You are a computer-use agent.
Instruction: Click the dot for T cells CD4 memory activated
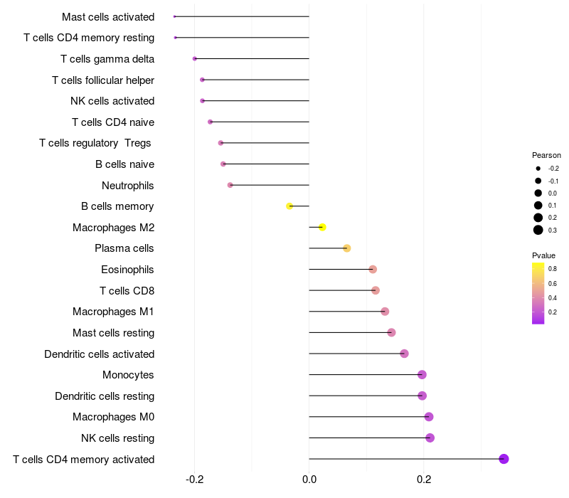504,459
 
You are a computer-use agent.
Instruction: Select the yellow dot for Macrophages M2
322,228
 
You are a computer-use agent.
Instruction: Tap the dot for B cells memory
289,206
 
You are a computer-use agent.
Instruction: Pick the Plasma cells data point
347,248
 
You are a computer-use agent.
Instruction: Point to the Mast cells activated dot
174,16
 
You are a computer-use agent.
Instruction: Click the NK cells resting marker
430,438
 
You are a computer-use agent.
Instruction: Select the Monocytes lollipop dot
422,375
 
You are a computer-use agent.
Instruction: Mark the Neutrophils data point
230,185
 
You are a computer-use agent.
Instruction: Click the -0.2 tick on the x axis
195,479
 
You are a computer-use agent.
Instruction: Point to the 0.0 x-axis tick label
309,479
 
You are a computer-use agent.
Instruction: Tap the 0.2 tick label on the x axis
424,479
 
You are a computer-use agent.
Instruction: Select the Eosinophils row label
127,270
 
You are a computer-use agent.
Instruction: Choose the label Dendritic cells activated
99,354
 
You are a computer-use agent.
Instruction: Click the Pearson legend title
546,155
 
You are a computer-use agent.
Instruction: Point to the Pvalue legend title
543,255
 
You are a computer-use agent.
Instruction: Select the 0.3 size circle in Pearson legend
538,230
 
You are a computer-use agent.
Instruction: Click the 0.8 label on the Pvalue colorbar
553,269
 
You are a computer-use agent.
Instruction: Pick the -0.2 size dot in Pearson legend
538,169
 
